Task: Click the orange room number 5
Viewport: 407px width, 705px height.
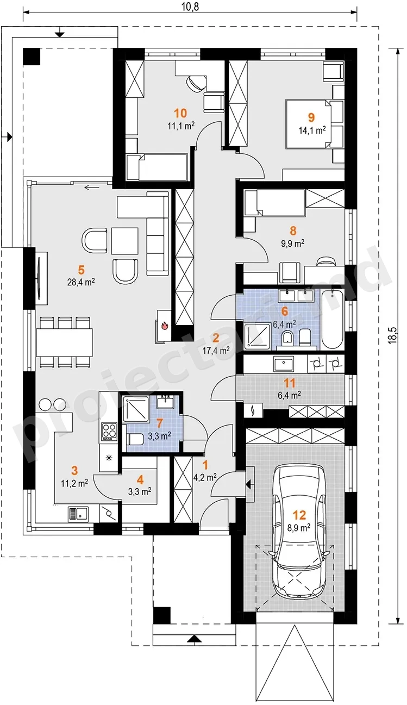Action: pos(81,270)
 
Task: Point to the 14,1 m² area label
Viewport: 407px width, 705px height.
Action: pos(312,130)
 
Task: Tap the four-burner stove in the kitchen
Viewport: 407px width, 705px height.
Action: pos(109,432)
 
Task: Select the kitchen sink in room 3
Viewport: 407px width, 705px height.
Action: pos(78,514)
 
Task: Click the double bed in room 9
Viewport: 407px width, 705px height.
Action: pos(309,124)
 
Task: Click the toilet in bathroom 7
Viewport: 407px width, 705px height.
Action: pos(135,439)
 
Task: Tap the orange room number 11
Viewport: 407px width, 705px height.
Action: pos(290,383)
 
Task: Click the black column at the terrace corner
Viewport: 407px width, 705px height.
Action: pos(32,57)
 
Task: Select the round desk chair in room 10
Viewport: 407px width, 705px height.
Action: pos(195,83)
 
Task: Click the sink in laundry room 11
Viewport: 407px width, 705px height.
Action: pos(284,364)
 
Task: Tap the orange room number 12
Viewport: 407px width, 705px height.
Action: pos(299,515)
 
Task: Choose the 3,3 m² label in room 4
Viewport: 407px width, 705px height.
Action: pos(140,491)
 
